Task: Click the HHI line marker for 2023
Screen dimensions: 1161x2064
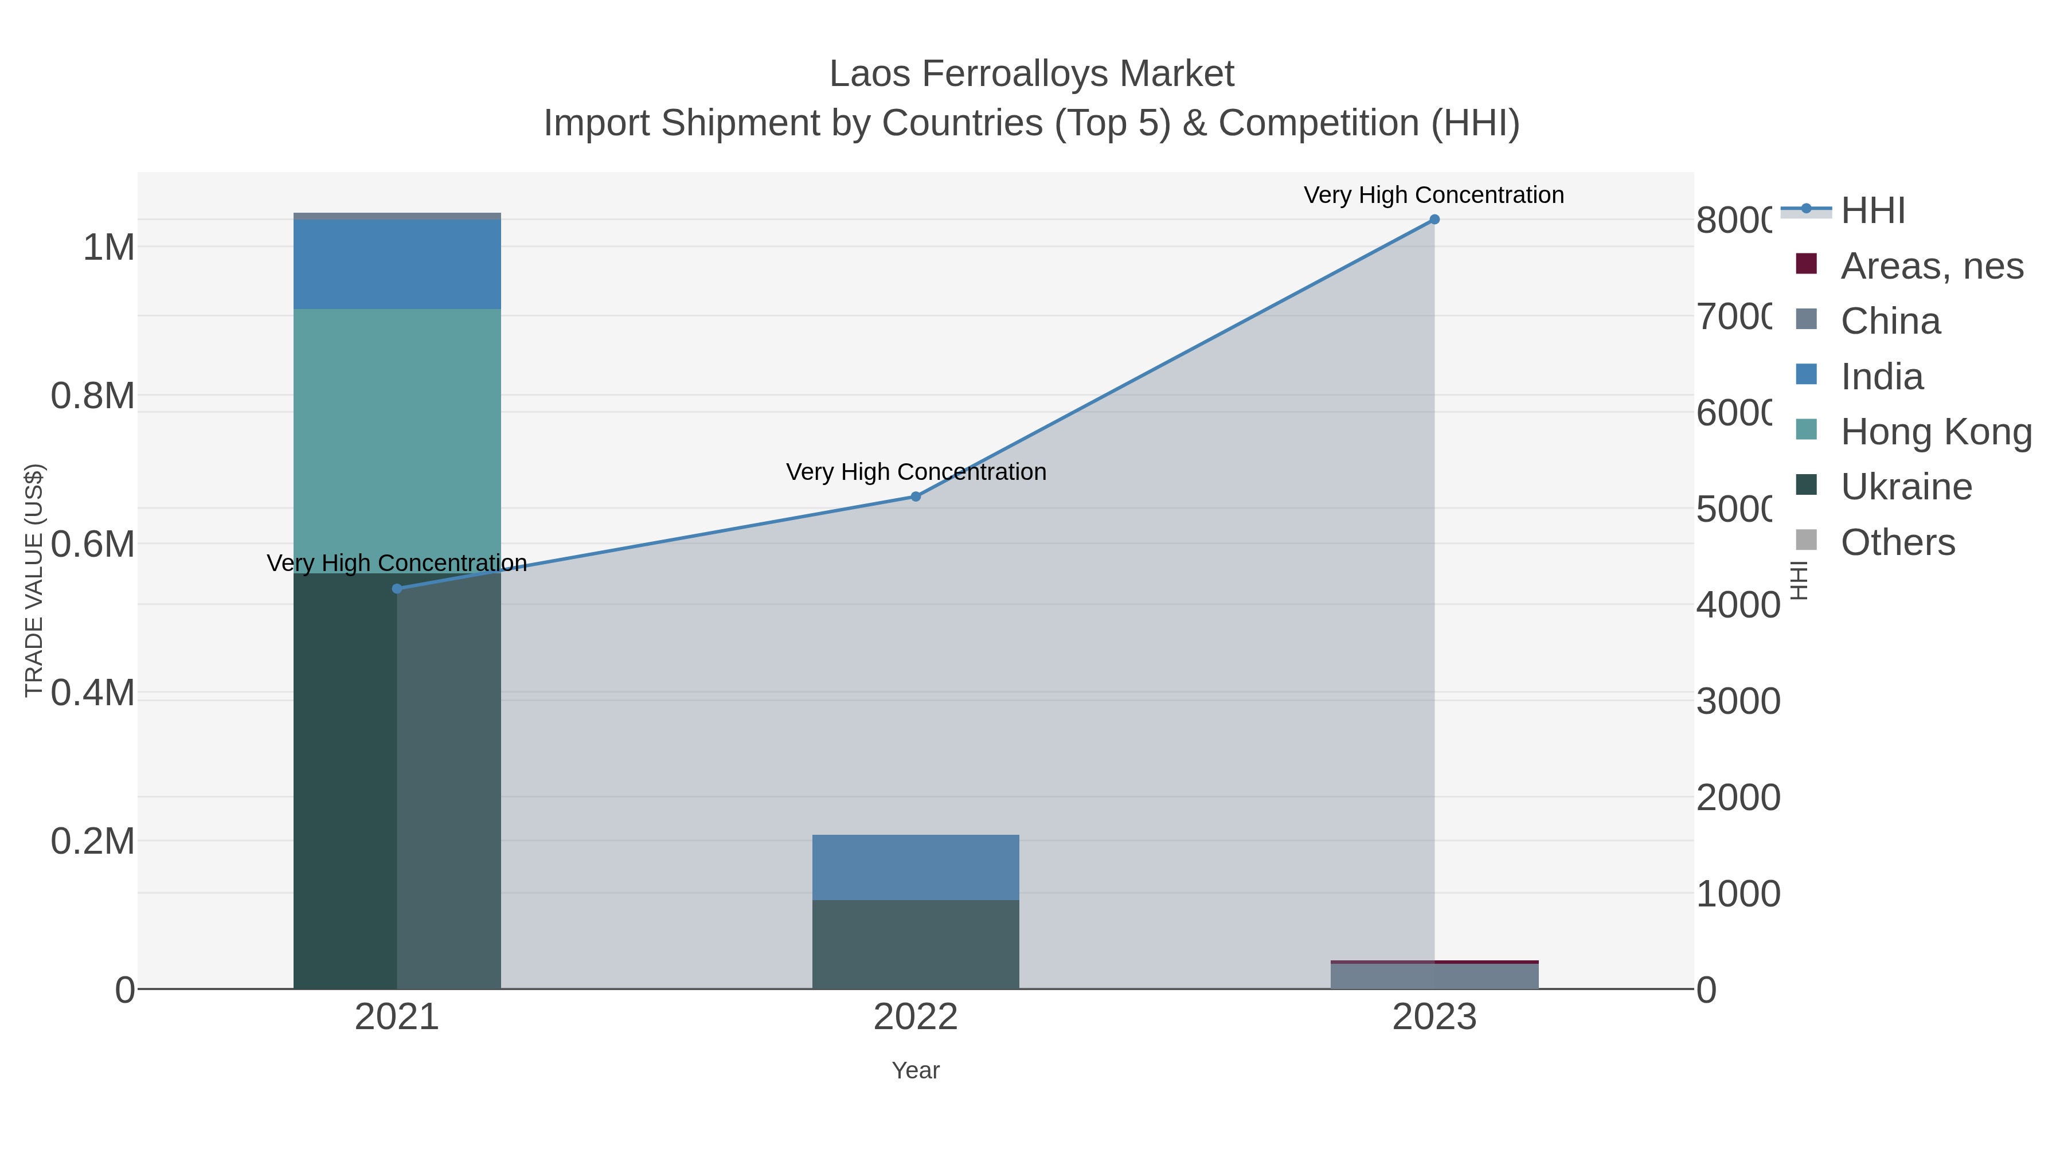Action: click(x=1434, y=220)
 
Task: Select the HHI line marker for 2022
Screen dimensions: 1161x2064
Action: click(x=916, y=497)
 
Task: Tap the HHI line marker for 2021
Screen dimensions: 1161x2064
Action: click(x=397, y=589)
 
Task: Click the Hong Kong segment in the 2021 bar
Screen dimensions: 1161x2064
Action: click(x=397, y=441)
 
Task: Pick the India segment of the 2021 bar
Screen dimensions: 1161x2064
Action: click(x=397, y=264)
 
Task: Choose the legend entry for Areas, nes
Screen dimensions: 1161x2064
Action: click(x=1932, y=266)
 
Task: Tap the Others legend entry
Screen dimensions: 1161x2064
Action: click(x=1897, y=542)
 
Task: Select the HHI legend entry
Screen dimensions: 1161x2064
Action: click(x=1873, y=211)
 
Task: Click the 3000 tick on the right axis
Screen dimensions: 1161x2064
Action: click(x=1737, y=701)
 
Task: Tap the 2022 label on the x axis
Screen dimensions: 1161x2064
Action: click(x=916, y=1018)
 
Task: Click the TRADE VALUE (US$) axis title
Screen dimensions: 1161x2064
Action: click(x=34, y=580)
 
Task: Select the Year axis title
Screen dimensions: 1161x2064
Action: click(x=916, y=1070)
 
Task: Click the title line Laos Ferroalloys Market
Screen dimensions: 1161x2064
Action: click(x=1031, y=74)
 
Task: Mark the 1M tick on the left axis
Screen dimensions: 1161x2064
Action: click(x=108, y=248)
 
